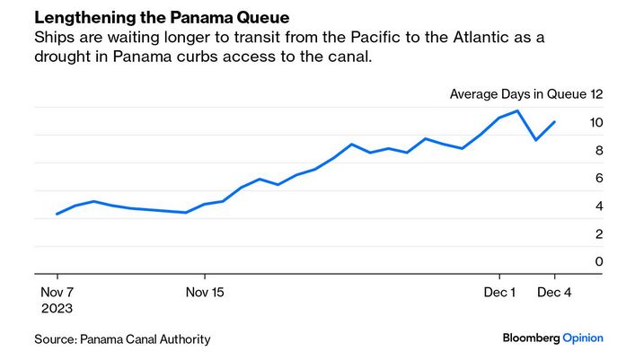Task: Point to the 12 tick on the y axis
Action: pyautogui.click(x=596, y=93)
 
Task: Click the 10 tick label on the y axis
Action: pyautogui.click(x=596, y=122)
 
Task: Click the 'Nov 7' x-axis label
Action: pyautogui.click(x=57, y=292)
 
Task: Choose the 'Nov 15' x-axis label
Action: pyautogui.click(x=204, y=292)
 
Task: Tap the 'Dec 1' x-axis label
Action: pyautogui.click(x=499, y=292)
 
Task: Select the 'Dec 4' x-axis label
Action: pyautogui.click(x=554, y=292)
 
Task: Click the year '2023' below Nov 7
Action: pyautogui.click(x=57, y=307)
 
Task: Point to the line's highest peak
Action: pyautogui.click(x=517, y=111)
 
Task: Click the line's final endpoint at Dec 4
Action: pyautogui.click(x=554, y=122)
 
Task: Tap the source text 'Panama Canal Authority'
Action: pyautogui.click(x=145, y=338)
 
